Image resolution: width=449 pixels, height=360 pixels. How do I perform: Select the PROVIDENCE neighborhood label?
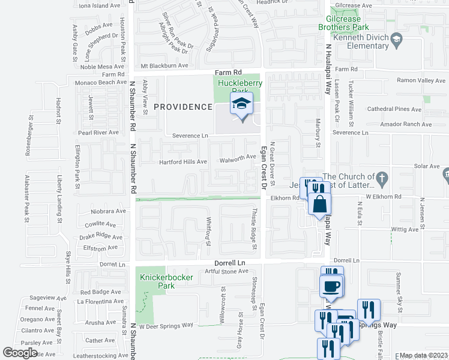[x=182, y=107]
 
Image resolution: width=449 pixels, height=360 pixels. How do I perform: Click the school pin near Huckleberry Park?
[x=241, y=106]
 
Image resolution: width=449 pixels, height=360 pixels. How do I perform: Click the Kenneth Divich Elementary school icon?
[x=396, y=40]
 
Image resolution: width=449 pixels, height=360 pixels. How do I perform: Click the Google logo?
[x=20, y=352]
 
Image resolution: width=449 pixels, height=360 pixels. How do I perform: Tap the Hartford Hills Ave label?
[x=183, y=162]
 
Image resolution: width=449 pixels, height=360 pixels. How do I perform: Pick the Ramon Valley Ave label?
[x=418, y=80]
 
